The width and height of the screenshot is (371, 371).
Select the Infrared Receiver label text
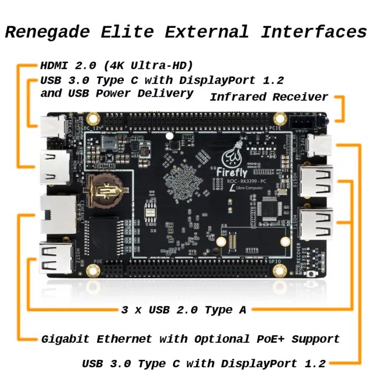(269, 97)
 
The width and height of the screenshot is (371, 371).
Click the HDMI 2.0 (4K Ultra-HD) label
(116, 66)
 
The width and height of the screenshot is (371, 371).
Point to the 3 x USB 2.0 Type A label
(184, 310)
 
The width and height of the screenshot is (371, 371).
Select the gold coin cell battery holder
(105, 190)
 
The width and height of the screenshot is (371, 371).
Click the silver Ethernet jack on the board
(56, 214)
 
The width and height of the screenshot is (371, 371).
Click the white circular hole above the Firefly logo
(169, 136)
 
